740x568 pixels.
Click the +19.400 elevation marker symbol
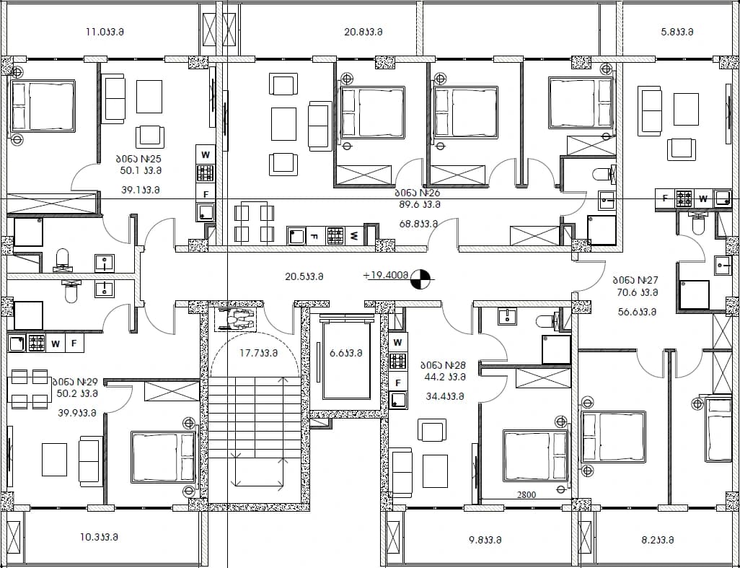[x=421, y=279]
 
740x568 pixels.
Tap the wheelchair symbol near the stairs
[x=236, y=320]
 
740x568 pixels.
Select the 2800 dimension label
[x=527, y=495]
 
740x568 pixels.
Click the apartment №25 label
[x=140, y=159]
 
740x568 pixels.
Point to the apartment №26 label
[x=417, y=193]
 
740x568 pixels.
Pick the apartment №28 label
[x=443, y=365]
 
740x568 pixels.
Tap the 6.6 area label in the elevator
[x=346, y=353]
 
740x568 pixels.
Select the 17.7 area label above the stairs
[x=258, y=353]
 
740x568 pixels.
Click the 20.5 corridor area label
[x=304, y=276]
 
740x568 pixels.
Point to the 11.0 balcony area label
[x=105, y=32]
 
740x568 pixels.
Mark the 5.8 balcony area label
[x=677, y=32]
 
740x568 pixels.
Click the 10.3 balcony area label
[x=99, y=537]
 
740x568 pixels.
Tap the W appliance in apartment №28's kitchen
[x=398, y=342]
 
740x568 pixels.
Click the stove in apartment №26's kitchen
[x=335, y=235]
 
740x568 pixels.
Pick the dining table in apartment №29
[x=30, y=388]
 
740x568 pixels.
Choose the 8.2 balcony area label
[x=657, y=540]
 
